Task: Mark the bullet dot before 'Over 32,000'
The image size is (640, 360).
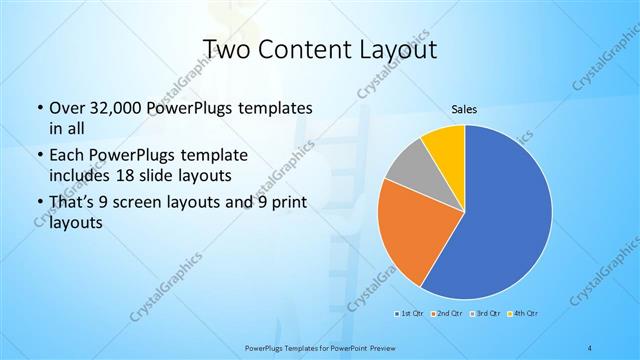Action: click(39, 108)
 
